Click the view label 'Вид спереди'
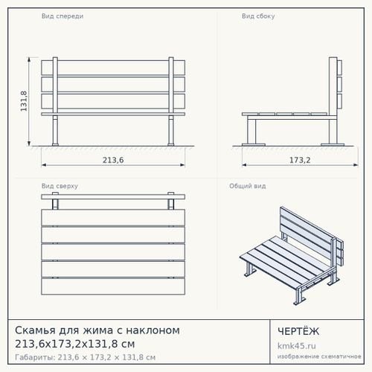coord(62,16)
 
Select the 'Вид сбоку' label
coord(258,16)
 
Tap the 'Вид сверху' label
coord(60,186)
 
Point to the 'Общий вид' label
coord(248,186)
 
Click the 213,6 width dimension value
coord(113,160)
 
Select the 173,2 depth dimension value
coord(300,160)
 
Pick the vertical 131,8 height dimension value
coord(24,101)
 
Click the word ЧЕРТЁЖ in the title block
coord(298,331)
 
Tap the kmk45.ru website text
coord(297,346)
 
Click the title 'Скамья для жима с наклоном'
coord(97,330)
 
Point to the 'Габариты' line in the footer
coord(85,357)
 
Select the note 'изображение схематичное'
coord(319,356)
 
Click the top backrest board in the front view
coord(113,67)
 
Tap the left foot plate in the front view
coord(55,144)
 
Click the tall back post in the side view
coord(333,100)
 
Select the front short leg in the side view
coord(251,132)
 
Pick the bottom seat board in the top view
coord(113,286)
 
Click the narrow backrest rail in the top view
coord(113,197)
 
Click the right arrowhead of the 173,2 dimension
coord(356,165)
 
